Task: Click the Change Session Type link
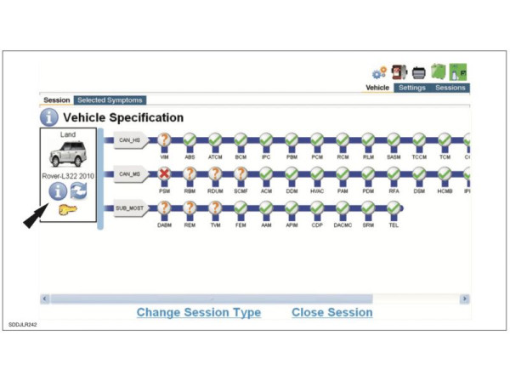coord(199,312)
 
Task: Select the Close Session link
coord(331,312)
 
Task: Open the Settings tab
coord(412,88)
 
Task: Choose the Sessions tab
coord(450,88)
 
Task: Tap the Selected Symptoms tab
coord(110,100)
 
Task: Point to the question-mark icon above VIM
coord(165,139)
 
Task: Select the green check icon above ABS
coord(190,139)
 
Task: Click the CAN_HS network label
coord(129,141)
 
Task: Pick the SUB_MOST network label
coord(130,208)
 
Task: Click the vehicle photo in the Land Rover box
coord(69,156)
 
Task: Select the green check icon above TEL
coord(394,206)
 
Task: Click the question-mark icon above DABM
coord(165,206)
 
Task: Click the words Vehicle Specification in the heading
coord(123,117)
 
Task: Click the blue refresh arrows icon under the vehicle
coord(80,190)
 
